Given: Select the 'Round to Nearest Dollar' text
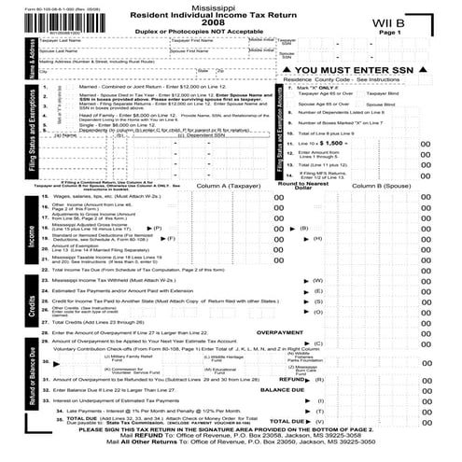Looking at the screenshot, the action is (x=302, y=188).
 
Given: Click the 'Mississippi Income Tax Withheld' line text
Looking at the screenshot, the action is (x=108, y=253).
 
